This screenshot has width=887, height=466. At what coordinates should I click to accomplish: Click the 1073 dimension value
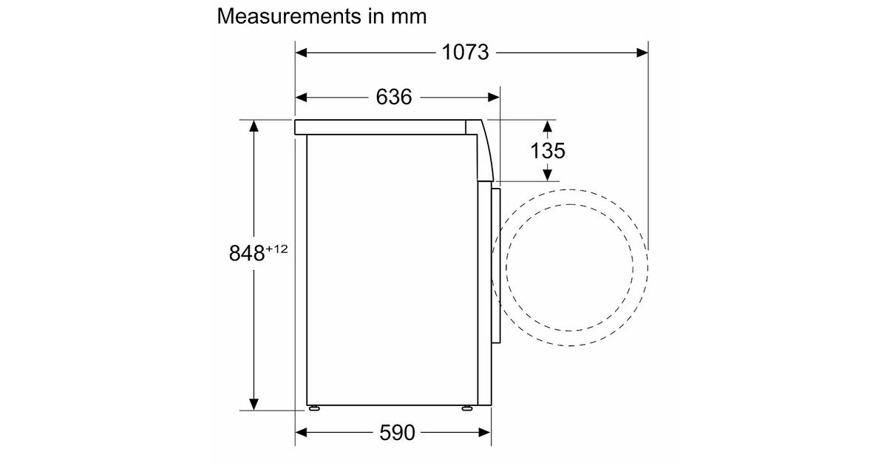[x=465, y=53]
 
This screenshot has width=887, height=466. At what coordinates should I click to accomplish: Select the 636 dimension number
[x=393, y=97]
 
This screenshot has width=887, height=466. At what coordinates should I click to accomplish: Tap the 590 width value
[x=397, y=432]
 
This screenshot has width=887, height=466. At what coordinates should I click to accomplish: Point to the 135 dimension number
[x=548, y=151]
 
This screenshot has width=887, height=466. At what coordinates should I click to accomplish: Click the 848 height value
[x=247, y=253]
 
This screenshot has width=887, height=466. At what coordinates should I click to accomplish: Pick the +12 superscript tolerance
[x=276, y=249]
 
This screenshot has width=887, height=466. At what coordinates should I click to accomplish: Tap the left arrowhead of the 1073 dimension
[x=302, y=53]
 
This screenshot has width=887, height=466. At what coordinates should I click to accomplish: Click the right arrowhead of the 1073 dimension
[x=642, y=53]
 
